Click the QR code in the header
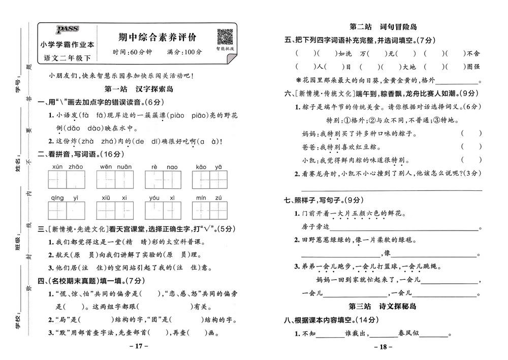point(225,37)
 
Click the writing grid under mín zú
point(210,210)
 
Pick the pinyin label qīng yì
point(68,197)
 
